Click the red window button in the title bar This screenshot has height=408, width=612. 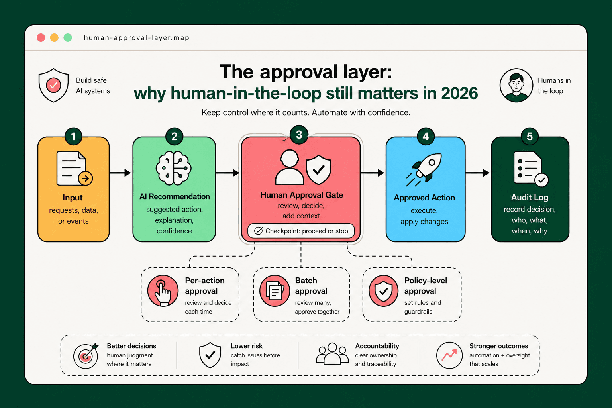click(x=41, y=38)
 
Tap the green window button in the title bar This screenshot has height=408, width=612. click(x=68, y=38)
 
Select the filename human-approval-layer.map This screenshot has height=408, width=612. click(x=136, y=38)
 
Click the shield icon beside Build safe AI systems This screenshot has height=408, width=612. click(x=53, y=85)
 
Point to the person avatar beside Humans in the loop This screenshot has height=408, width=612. click(x=516, y=85)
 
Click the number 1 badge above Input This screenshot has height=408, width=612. click(x=73, y=137)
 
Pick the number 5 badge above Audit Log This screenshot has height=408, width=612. click(x=530, y=137)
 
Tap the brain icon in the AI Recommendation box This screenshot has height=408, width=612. click(x=174, y=168)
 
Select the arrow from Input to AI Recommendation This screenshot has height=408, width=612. click(x=120, y=173)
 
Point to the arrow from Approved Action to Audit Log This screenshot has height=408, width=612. click(x=478, y=173)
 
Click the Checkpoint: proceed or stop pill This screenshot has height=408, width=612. click(x=301, y=231)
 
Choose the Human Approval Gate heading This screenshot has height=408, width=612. click(x=302, y=195)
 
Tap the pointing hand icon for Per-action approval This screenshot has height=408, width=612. click(x=163, y=291)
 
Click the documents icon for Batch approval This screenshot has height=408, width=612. click(x=275, y=291)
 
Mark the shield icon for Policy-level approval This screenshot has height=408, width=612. click(x=384, y=291)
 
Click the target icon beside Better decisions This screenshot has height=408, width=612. click(x=86, y=355)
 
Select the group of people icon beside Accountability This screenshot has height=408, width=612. click(x=332, y=354)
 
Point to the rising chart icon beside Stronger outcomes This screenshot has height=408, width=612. click(x=449, y=355)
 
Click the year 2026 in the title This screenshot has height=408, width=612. click(x=459, y=93)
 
